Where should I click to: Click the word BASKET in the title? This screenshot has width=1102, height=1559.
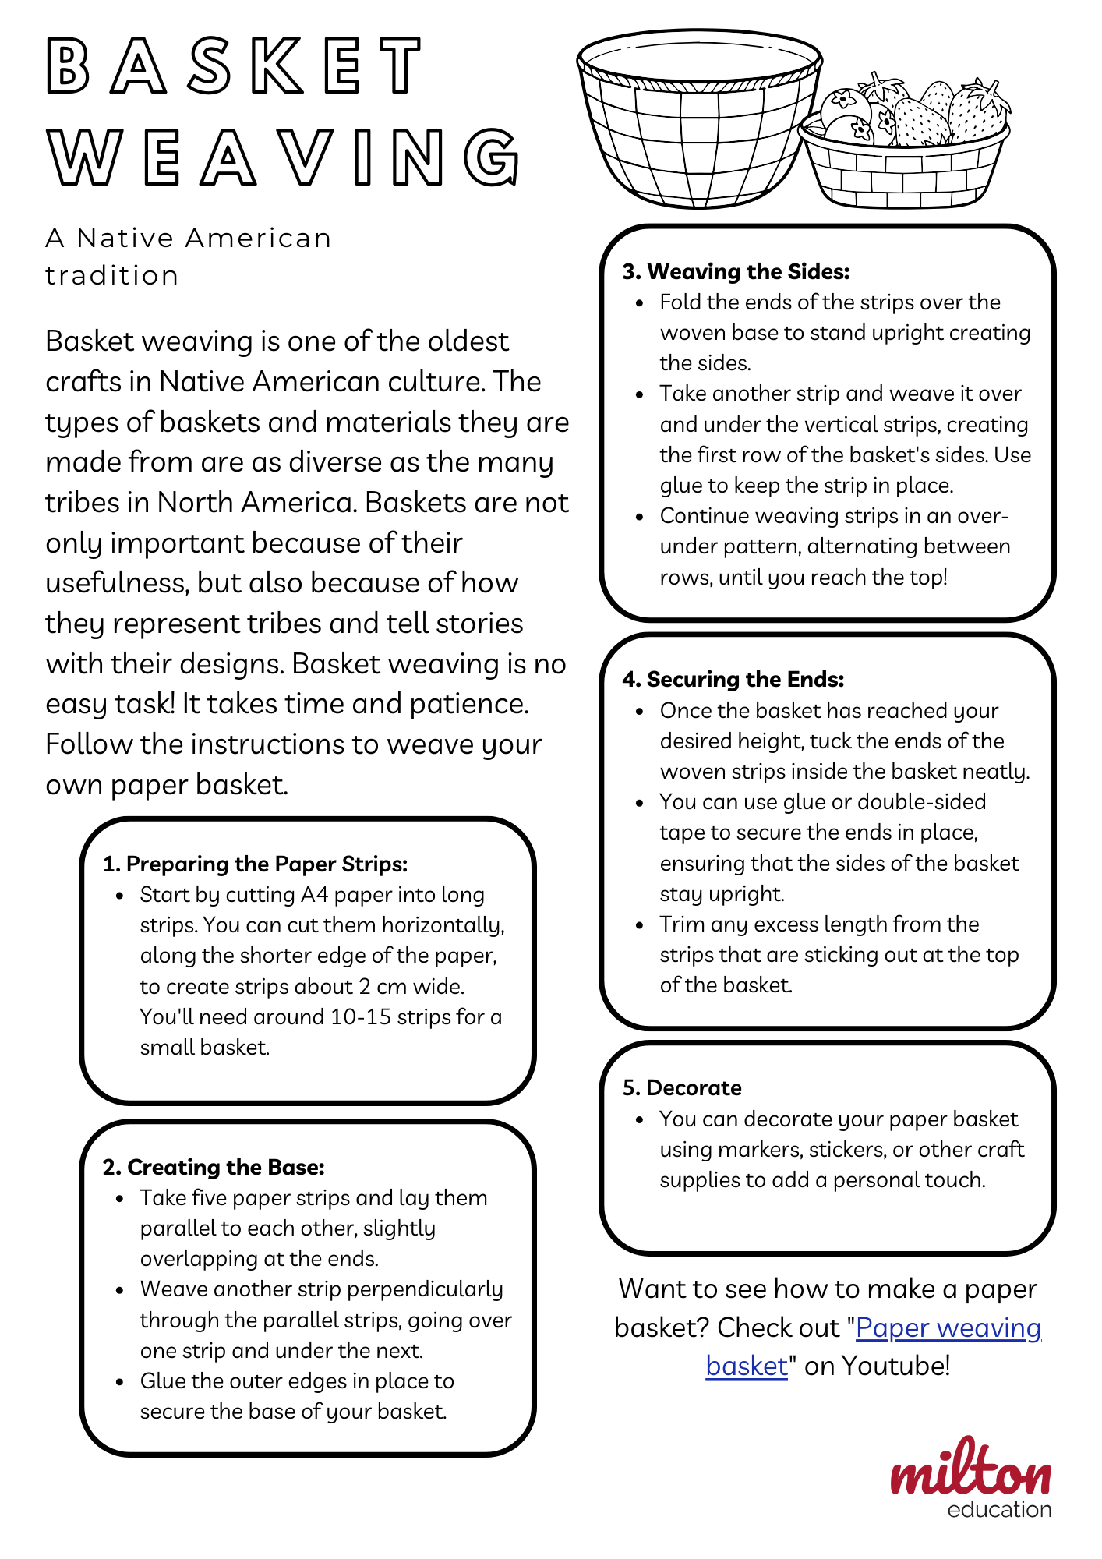pos(234,66)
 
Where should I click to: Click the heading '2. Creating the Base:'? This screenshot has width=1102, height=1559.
pos(214,1167)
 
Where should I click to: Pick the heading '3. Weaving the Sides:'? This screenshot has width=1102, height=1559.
pos(736,271)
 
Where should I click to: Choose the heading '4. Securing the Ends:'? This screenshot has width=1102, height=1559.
pos(733,680)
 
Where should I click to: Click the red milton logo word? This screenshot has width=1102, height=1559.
pos(971,1469)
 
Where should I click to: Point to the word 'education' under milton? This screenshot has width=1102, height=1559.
pos(999,1510)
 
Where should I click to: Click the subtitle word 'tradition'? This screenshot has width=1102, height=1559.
pos(112,275)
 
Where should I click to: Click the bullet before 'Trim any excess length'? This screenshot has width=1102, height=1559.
pos(639,925)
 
